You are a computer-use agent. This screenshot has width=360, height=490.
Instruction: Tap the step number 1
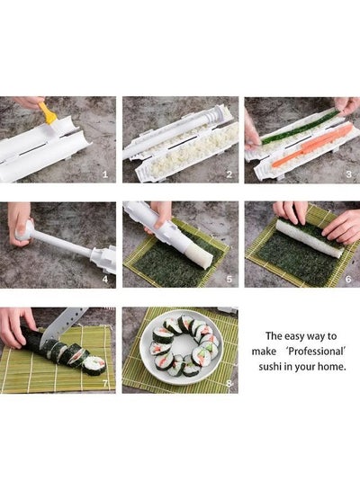(x=105, y=174)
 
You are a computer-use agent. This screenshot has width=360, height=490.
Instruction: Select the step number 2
(x=229, y=174)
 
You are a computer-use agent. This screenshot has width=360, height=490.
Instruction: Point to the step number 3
(x=348, y=174)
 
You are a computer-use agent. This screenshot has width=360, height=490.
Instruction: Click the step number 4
(x=105, y=279)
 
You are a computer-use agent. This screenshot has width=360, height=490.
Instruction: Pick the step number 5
(x=229, y=279)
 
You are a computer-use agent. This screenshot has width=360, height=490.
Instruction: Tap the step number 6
(x=348, y=279)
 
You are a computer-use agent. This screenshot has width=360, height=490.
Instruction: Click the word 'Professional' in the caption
(x=316, y=352)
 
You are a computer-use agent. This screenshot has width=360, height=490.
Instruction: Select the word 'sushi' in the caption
(x=270, y=366)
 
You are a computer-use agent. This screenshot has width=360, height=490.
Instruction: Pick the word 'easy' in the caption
(x=294, y=336)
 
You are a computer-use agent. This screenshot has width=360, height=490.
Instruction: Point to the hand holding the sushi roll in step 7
(x=15, y=327)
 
